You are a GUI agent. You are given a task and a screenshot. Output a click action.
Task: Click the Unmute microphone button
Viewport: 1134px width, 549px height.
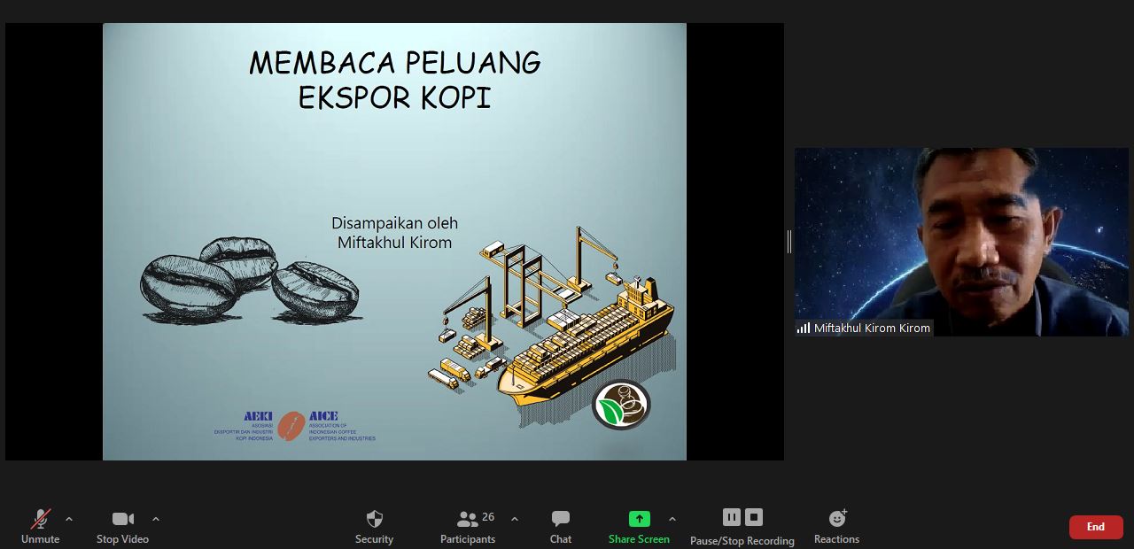(x=41, y=520)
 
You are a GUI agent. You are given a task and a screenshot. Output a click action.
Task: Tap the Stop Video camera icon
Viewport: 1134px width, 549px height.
(x=122, y=519)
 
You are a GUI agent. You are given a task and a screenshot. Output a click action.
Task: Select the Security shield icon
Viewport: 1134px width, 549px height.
(x=374, y=519)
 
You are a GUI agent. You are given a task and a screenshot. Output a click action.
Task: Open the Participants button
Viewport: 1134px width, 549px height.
(x=467, y=520)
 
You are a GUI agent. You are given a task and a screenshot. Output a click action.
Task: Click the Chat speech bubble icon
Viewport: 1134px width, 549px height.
(x=560, y=519)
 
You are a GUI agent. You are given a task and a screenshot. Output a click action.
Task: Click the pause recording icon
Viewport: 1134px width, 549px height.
(x=731, y=517)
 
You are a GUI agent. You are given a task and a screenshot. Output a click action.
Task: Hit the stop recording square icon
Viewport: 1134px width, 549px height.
(x=754, y=517)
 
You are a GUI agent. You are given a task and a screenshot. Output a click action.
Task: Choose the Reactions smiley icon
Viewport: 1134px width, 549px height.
(x=836, y=519)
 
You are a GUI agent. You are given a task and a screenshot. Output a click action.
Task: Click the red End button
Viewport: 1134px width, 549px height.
(x=1095, y=527)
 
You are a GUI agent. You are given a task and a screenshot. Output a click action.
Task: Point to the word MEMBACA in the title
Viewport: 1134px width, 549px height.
(x=322, y=64)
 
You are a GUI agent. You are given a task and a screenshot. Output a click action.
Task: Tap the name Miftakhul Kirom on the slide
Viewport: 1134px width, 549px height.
(x=394, y=243)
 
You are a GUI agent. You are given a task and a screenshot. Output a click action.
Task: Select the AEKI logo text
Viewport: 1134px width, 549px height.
(x=258, y=416)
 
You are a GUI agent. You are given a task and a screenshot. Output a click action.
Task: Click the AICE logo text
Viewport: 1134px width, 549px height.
(x=323, y=416)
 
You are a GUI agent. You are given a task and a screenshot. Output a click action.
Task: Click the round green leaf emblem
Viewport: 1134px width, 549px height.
(x=621, y=405)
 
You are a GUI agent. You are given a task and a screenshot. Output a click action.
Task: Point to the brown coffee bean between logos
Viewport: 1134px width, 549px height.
(x=291, y=427)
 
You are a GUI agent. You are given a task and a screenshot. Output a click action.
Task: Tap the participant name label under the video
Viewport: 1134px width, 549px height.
(x=872, y=328)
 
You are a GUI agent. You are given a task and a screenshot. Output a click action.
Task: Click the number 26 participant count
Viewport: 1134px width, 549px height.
(x=488, y=516)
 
